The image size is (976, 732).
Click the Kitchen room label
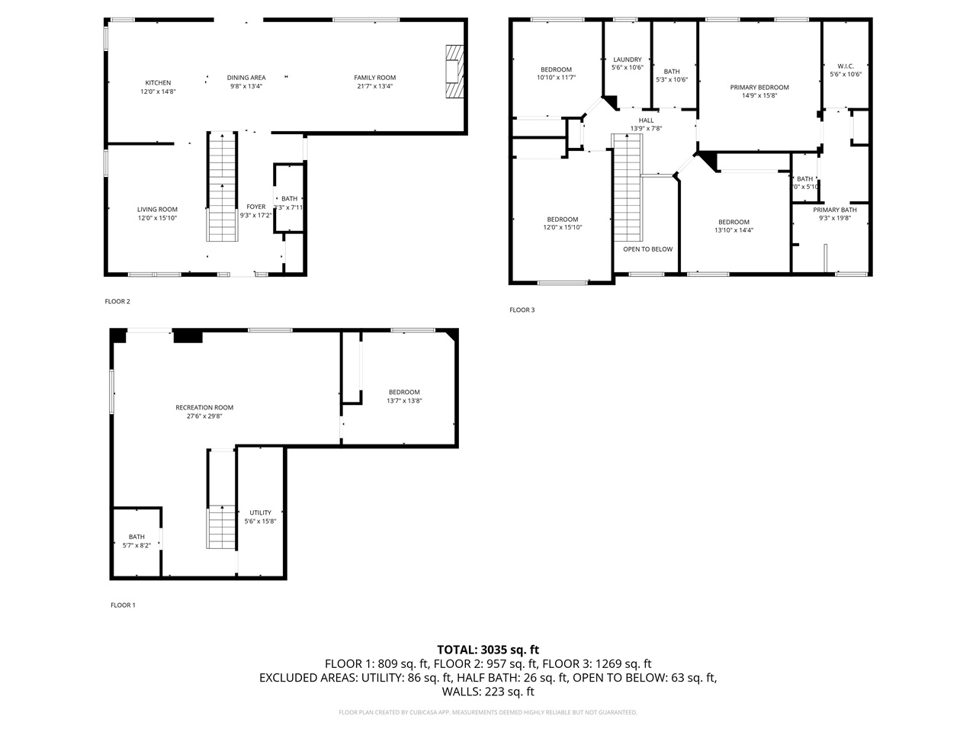click(x=158, y=82)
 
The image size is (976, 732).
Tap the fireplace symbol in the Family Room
click(x=454, y=72)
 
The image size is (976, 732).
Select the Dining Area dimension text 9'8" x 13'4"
click(x=246, y=86)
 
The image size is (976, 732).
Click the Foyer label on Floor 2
click(x=256, y=207)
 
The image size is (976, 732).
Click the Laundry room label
click(x=627, y=59)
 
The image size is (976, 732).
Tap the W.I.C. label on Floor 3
click(x=845, y=66)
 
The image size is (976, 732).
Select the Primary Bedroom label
click(x=759, y=87)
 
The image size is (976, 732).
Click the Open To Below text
click(x=647, y=249)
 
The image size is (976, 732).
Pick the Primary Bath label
click(x=834, y=210)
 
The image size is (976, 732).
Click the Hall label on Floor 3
click(x=646, y=120)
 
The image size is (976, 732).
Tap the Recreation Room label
click(x=204, y=407)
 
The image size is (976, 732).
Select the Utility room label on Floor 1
click(x=260, y=512)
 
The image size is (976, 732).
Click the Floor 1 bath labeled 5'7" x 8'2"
click(x=136, y=541)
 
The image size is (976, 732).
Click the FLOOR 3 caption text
click(x=522, y=310)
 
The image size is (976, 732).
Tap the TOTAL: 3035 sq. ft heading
click(x=487, y=650)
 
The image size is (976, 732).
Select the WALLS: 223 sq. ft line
click(x=487, y=692)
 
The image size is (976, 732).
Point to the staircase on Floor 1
click(x=221, y=526)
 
